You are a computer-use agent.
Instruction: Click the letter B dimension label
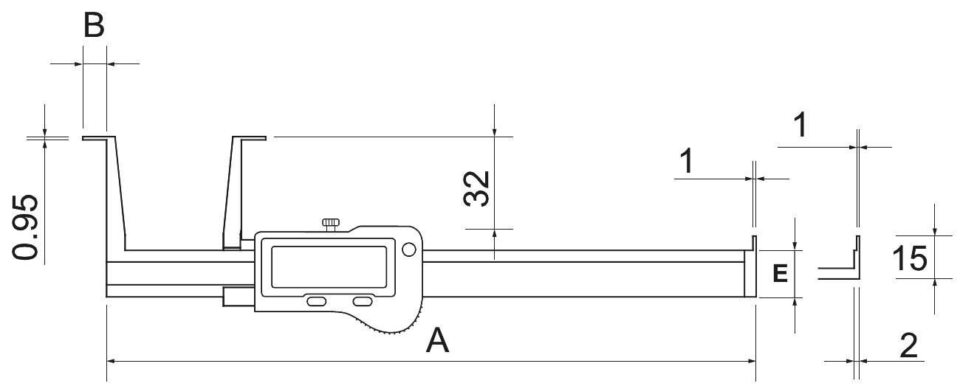[x=94, y=25]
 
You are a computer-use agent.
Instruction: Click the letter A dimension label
[x=437, y=340]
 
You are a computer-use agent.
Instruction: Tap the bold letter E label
[x=780, y=273]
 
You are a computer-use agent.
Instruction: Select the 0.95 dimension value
[x=25, y=227]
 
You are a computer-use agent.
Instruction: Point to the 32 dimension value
[x=476, y=189]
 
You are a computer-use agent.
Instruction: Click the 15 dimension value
[x=910, y=258]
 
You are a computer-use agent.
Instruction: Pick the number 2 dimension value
[x=908, y=345]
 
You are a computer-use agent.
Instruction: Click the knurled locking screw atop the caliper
[x=330, y=224]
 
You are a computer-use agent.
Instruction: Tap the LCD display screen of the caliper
[x=329, y=267]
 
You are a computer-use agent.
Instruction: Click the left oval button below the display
[x=316, y=302]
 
